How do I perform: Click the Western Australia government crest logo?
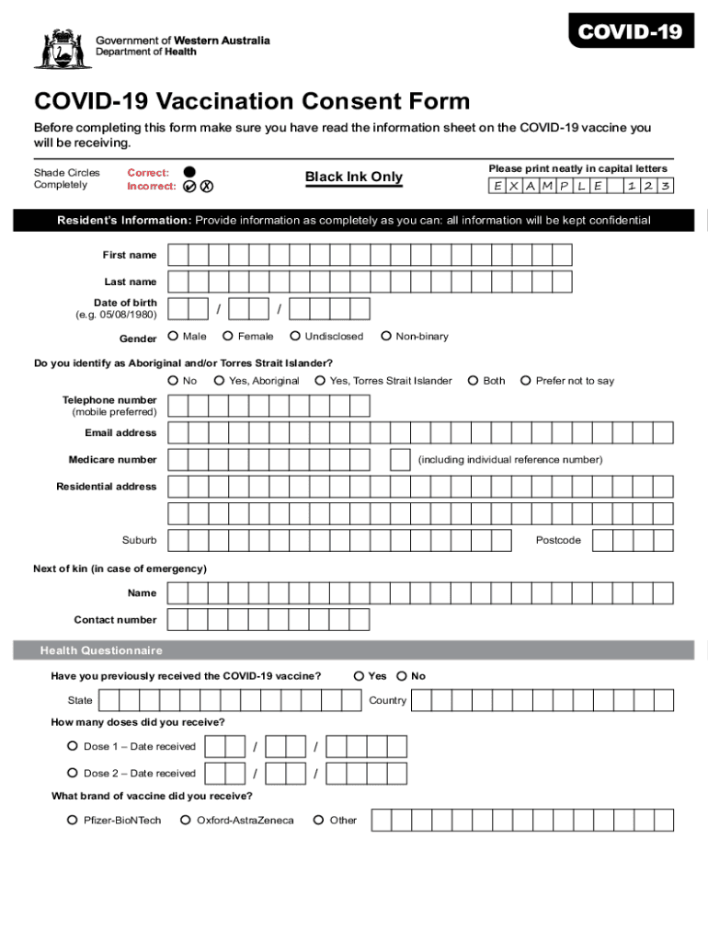(63, 48)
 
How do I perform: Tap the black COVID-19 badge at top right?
(630, 33)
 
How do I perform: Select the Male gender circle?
(173, 337)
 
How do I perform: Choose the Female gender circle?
(228, 337)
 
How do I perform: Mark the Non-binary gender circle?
(386, 337)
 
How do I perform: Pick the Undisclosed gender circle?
(295, 337)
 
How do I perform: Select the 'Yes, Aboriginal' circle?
(219, 381)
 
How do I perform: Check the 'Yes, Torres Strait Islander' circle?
(320, 381)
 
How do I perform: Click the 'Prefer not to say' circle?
(526, 381)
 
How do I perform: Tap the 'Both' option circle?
(473, 381)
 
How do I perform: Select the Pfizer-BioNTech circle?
(73, 820)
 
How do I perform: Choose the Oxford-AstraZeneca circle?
(186, 820)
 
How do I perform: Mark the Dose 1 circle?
(73, 746)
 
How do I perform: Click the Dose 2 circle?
(73, 773)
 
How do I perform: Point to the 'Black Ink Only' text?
(353, 177)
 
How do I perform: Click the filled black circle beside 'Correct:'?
(188, 171)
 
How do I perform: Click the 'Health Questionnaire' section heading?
(101, 650)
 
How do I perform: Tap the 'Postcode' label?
(558, 540)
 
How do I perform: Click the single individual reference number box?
(400, 459)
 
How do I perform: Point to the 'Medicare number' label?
(112, 459)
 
